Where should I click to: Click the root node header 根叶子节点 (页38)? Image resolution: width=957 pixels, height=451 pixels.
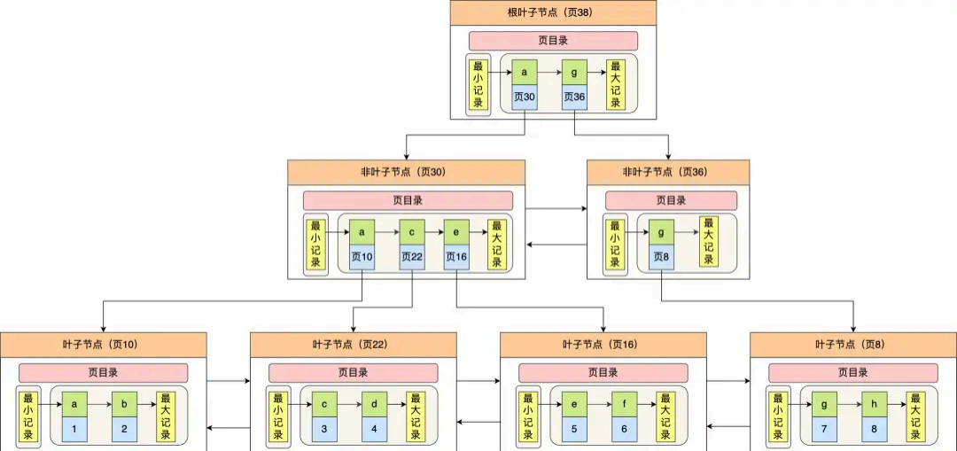pos(553,12)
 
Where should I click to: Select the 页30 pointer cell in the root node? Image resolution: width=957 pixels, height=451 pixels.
pos(525,97)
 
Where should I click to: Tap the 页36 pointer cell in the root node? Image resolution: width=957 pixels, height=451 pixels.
pos(574,97)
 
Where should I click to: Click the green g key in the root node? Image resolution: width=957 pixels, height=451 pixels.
pos(574,72)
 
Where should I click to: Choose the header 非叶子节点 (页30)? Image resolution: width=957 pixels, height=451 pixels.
pos(406,172)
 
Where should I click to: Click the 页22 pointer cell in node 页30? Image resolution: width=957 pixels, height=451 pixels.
pos(412,257)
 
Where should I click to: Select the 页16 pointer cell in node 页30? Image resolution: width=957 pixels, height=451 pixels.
pos(455,257)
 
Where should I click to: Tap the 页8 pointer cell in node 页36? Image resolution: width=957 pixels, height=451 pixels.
pos(661,257)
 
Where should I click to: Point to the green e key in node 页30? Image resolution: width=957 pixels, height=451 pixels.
pos(455,231)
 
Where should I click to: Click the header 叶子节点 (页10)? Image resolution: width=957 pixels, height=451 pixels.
pos(104,344)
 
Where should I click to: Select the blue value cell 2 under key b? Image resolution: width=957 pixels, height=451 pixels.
pos(124,429)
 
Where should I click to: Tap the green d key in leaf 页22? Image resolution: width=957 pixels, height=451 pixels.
pos(374,404)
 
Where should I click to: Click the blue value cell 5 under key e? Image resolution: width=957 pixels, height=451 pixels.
pos(574,429)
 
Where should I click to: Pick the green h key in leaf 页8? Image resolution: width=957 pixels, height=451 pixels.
pos(874,404)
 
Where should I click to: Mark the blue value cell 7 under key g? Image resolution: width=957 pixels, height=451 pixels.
pos(824,429)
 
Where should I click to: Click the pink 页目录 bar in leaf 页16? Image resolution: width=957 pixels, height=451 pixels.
pos(603,373)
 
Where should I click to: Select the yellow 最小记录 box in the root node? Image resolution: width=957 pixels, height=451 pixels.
pos(478,84)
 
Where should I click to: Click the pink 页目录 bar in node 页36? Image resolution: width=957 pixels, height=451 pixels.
pos(670,201)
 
